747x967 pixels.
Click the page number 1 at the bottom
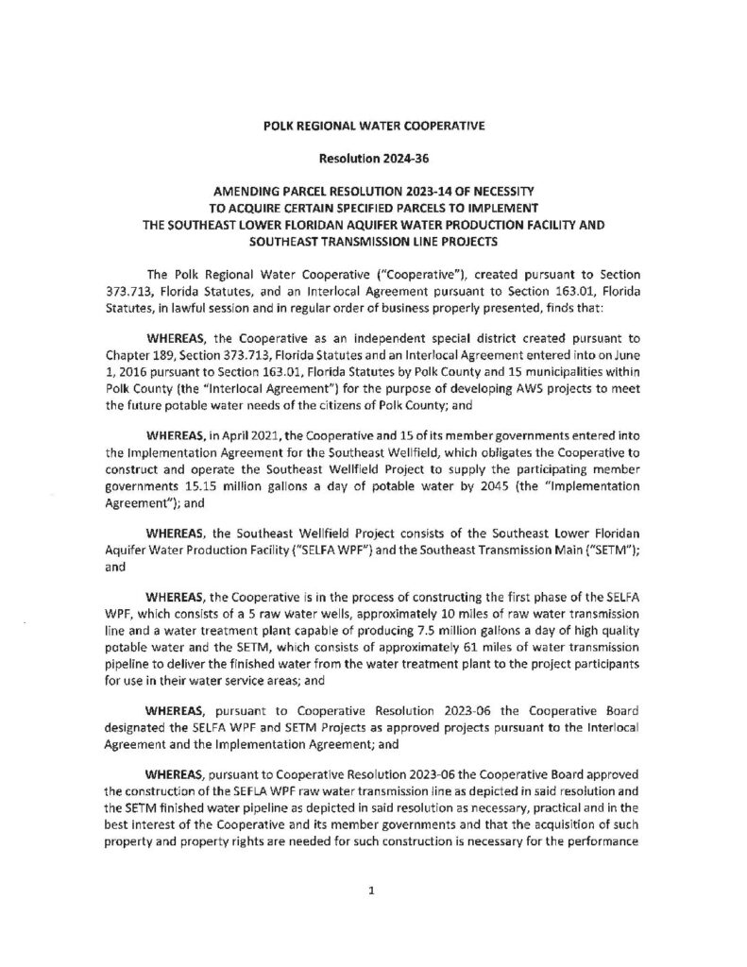(373, 890)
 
